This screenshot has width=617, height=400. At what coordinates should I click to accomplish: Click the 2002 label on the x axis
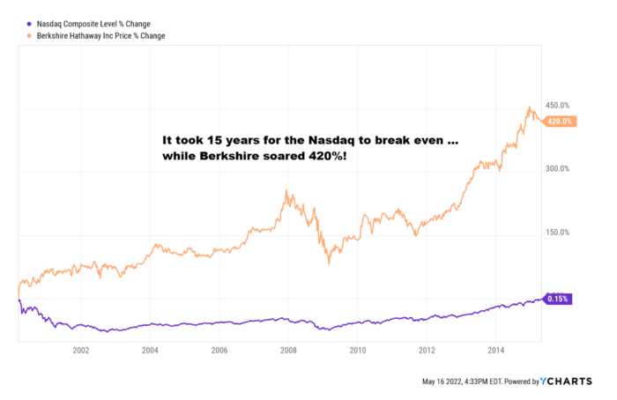coord(81,350)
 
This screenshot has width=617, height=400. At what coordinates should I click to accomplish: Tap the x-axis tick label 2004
coord(150,350)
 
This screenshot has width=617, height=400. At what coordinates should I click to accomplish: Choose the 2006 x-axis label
coord(219,350)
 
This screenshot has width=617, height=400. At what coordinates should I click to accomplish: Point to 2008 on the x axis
coord(288,350)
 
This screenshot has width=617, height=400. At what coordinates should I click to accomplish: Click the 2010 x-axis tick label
coord(357,350)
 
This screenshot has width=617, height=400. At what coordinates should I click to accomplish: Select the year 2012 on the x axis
coord(427,350)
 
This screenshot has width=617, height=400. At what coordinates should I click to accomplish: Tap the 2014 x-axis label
coord(495,350)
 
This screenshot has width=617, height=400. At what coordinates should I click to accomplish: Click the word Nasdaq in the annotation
coord(332,139)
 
